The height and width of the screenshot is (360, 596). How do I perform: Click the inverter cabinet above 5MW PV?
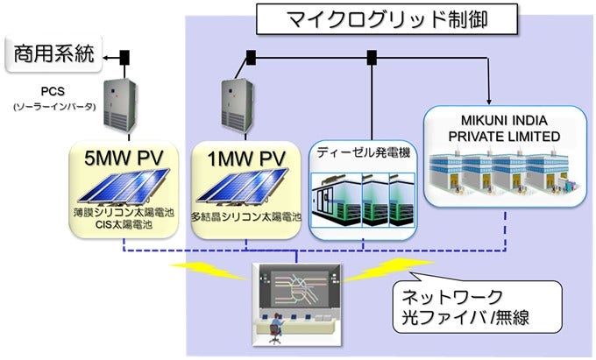point(120,104)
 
